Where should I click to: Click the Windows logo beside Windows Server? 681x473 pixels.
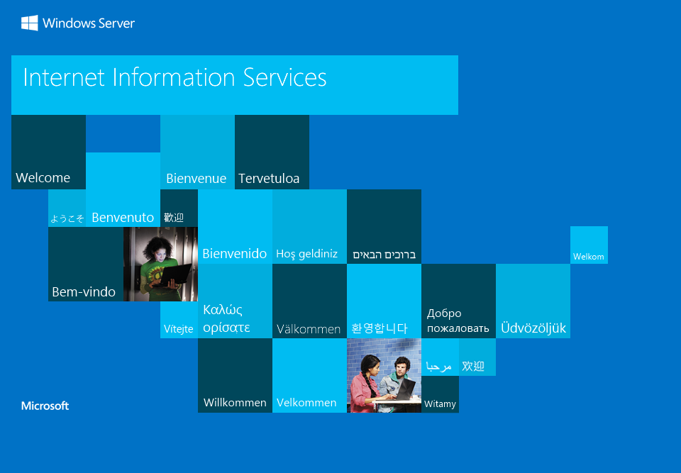click(x=30, y=23)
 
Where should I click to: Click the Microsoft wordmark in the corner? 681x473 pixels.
click(x=45, y=406)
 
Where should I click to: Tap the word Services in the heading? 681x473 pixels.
click(x=284, y=78)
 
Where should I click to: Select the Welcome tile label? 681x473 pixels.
click(x=43, y=178)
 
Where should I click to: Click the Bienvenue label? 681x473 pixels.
click(x=196, y=178)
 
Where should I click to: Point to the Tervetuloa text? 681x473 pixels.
click(x=269, y=178)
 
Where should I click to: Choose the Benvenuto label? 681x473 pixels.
click(x=123, y=217)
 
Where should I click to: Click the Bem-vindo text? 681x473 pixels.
click(x=84, y=292)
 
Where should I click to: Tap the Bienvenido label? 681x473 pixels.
click(x=235, y=253)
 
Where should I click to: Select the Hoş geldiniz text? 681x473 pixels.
click(x=307, y=254)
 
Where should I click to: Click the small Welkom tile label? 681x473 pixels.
click(x=589, y=257)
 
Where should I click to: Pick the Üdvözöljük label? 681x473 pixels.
click(x=533, y=328)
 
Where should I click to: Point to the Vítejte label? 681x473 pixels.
click(x=179, y=329)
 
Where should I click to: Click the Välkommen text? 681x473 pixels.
click(x=309, y=329)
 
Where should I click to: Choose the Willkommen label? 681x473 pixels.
click(x=235, y=403)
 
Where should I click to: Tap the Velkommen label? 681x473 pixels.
click(x=306, y=403)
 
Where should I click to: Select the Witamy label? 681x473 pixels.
click(x=440, y=404)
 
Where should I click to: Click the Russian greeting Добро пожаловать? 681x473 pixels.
click(x=458, y=321)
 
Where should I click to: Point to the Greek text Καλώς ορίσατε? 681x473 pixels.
click(x=226, y=318)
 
